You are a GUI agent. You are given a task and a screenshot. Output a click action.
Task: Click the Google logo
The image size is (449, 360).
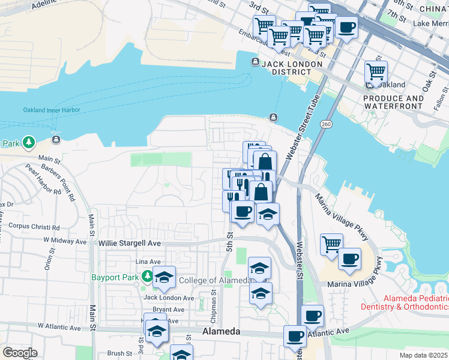20,353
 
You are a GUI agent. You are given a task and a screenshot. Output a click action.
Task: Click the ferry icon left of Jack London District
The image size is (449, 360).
255,62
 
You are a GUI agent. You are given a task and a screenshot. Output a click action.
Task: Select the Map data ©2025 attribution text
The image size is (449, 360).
423,355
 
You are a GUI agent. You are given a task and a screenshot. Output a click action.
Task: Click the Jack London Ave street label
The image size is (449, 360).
169,298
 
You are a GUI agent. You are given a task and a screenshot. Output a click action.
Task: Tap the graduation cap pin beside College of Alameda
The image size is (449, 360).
164,277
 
